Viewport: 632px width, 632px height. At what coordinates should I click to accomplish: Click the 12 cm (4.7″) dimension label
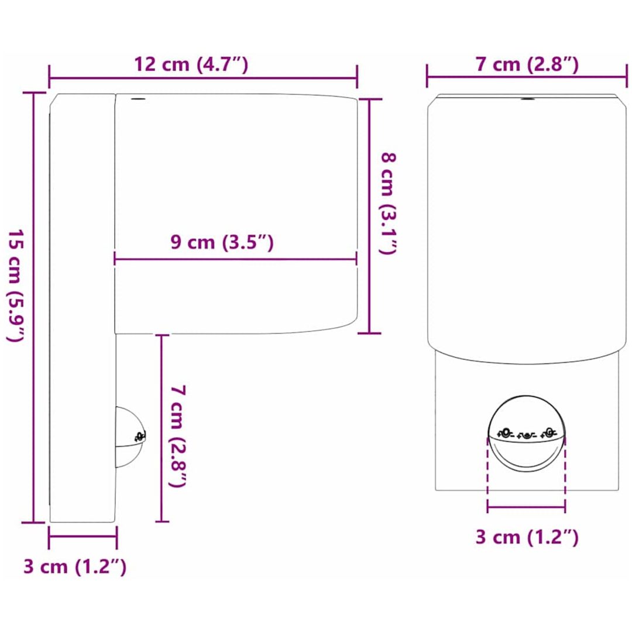[x=191, y=64]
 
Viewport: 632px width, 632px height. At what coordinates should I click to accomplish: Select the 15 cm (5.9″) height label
[x=16, y=287]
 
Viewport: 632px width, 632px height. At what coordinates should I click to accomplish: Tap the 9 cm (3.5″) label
[x=222, y=242]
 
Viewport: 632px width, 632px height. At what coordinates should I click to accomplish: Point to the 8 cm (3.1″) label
[x=389, y=204]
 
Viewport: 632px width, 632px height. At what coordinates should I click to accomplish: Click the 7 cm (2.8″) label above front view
[x=527, y=64]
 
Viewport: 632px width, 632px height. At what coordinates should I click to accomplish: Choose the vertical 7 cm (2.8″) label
[x=178, y=436]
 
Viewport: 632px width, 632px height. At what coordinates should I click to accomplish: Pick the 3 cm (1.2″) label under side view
[x=75, y=566]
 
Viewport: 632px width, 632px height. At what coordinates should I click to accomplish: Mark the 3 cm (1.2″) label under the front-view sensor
[x=527, y=537]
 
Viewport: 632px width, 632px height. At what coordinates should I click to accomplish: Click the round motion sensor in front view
[x=526, y=433]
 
